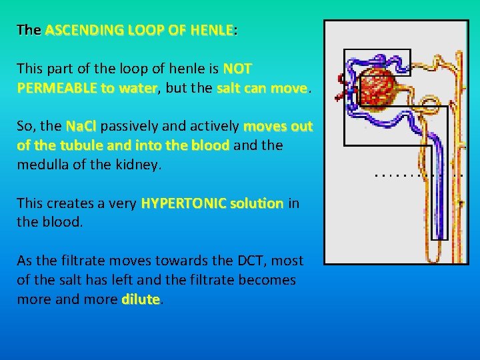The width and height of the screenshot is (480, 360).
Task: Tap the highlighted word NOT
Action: [x=237, y=69]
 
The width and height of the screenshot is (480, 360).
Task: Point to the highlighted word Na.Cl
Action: [x=82, y=126]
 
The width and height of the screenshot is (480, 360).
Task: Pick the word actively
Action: [x=216, y=126]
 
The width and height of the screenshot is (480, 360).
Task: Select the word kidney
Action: [x=137, y=164]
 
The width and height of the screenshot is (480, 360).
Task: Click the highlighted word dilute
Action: [x=141, y=299]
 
